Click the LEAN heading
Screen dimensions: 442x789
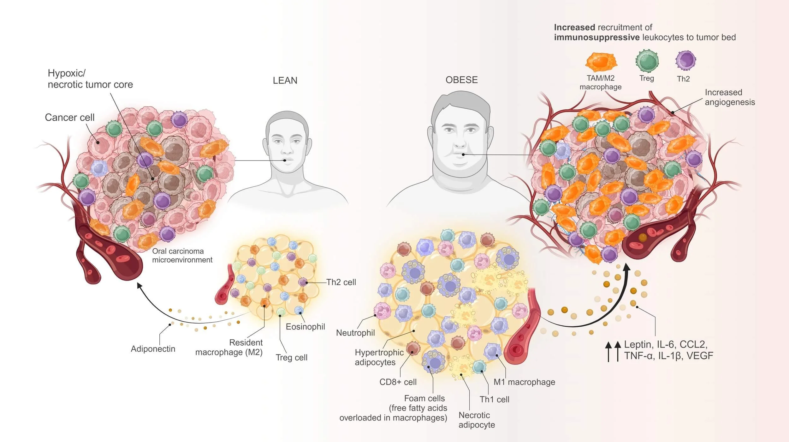[285, 81]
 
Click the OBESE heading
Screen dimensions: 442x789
[461, 80]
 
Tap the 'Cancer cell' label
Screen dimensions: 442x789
[69, 118]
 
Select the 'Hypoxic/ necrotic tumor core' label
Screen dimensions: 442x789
[90, 79]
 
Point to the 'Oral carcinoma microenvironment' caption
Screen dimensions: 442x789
[182, 256]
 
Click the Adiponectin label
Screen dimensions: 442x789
[153, 349]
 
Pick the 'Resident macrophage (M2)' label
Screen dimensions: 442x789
[229, 347]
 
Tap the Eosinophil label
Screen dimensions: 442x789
[305, 327]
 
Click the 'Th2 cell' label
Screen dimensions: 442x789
[341, 282]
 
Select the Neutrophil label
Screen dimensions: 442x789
[355, 333]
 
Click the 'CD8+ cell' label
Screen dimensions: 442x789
[398, 382]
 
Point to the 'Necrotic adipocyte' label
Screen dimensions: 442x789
[477, 420]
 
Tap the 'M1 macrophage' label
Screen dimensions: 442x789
[524, 382]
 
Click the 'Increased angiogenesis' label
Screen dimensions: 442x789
[730, 97]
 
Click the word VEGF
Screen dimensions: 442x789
[700, 356]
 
